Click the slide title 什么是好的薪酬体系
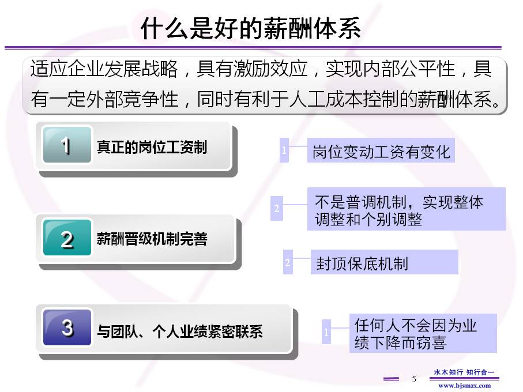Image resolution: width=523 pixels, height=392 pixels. click(250, 28)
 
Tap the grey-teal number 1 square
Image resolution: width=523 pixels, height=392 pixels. click(67, 145)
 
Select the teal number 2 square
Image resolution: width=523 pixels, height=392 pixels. click(67, 238)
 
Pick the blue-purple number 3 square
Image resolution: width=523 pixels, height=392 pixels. click(67, 327)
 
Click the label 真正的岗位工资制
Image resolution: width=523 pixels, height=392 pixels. click(152, 147)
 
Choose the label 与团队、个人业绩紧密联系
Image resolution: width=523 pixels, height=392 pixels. click(180, 331)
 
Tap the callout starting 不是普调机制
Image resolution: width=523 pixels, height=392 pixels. click(407, 209)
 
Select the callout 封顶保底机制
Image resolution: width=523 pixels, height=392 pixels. click(384, 262)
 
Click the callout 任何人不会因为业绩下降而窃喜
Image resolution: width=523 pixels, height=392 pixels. click(423, 333)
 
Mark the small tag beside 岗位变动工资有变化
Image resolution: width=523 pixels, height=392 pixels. click(284, 150)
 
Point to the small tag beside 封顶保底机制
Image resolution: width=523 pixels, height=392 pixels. click(288, 262)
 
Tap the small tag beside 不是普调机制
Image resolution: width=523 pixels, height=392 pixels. click(277, 208)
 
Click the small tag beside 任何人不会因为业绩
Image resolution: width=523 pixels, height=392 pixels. click(326, 332)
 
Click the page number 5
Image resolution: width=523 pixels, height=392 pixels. click(414, 379)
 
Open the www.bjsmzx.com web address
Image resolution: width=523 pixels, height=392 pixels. click(464, 386)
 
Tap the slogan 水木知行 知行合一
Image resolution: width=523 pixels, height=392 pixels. click(464, 372)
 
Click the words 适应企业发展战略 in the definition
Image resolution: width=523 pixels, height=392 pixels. click(104, 69)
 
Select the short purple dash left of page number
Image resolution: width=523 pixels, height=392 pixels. click(391, 379)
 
